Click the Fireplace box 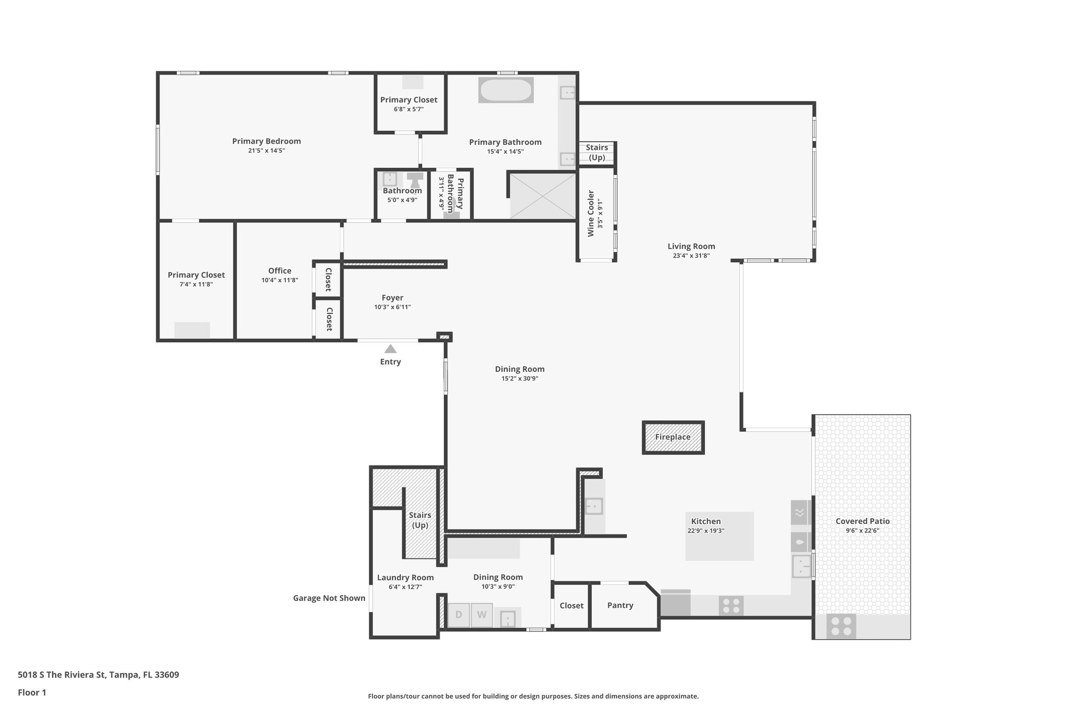(x=673, y=438)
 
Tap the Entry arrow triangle (x=390, y=349)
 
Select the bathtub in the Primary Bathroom (x=506, y=90)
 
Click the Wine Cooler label (x=591, y=214)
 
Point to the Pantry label (x=620, y=605)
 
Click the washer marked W (x=482, y=615)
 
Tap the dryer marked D (x=459, y=615)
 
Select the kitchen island (x=719, y=537)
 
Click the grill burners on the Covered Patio (x=841, y=626)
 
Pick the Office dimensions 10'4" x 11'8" (x=280, y=280)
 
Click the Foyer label (x=392, y=298)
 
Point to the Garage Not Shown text (x=329, y=598)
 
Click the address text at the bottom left (x=98, y=675)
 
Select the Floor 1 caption (x=32, y=693)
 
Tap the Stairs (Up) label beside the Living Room (x=597, y=153)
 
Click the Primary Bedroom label (x=266, y=141)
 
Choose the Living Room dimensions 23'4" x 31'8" (x=691, y=256)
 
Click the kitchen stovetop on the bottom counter (x=731, y=606)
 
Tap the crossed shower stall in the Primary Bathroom (x=542, y=196)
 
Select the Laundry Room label (x=405, y=577)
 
